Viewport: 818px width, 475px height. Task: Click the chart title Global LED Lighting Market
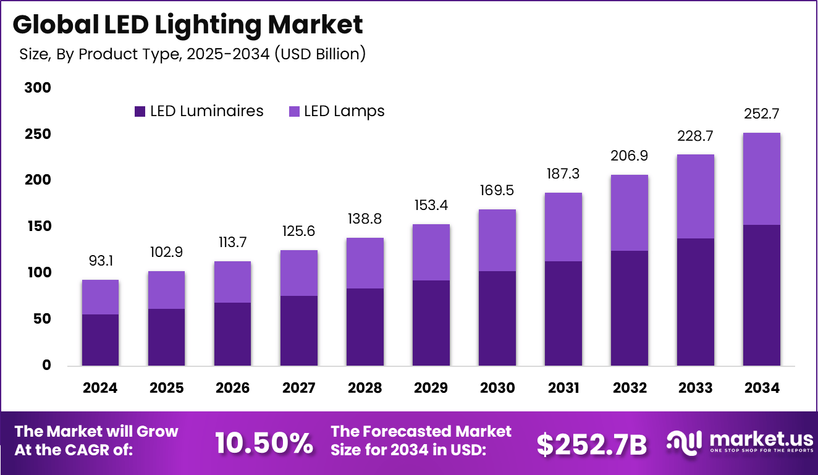tap(188, 25)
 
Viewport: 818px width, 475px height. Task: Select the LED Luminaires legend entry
tap(199, 111)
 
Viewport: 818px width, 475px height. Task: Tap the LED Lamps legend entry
tap(337, 111)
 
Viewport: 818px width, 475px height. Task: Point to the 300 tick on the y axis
tap(38, 88)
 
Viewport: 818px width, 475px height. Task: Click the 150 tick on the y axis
tap(38, 227)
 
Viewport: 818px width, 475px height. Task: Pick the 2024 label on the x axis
tap(100, 388)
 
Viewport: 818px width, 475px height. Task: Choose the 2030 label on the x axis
tap(497, 388)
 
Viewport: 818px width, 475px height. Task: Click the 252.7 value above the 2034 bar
tap(761, 114)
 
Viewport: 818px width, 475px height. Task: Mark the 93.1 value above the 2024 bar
tap(100, 262)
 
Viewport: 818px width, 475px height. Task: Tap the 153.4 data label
tap(431, 206)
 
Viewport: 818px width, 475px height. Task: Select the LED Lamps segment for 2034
tap(761, 179)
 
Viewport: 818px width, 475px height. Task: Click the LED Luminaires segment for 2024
tap(100, 340)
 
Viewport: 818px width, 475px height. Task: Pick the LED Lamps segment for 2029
tap(431, 252)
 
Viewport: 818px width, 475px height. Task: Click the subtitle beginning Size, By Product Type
tap(193, 54)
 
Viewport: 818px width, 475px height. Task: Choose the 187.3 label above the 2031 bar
tap(563, 175)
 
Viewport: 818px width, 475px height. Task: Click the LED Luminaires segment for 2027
tap(298, 330)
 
